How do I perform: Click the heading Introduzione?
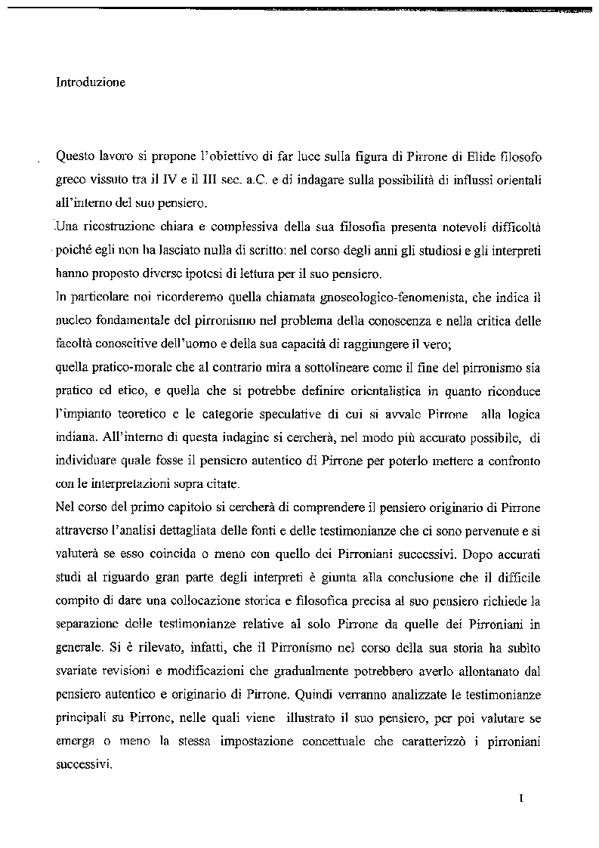click(x=90, y=82)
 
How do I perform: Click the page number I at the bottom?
click(x=521, y=798)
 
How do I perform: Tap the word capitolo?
click(x=194, y=507)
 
